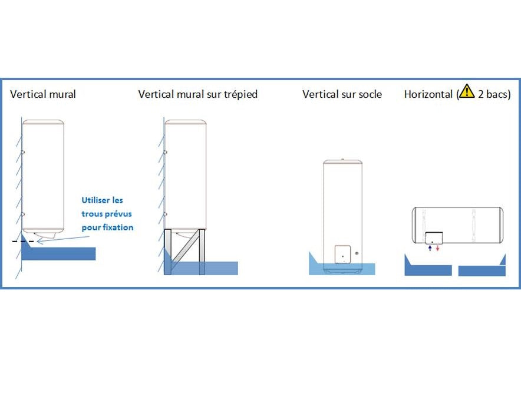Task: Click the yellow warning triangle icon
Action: coord(467,92)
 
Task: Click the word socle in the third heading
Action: coord(369,94)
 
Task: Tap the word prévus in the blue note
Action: coord(118,214)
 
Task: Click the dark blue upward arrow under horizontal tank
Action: coord(430,249)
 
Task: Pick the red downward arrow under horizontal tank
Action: coord(437,249)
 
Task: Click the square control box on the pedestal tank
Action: coord(342,255)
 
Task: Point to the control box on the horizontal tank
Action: coord(434,237)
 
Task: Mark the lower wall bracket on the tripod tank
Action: coord(166,214)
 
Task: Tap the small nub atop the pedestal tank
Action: coord(342,159)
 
